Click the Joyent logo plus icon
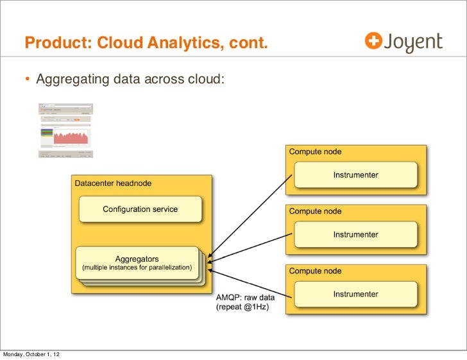[373, 41]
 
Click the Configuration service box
[140, 209]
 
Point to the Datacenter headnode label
[113, 184]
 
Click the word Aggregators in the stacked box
[137, 259]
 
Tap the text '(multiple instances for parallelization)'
[137, 268]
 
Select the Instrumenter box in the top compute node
[355, 175]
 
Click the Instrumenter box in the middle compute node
[355, 234]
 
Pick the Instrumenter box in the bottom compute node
[355, 295]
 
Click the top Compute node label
[315, 152]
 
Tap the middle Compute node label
[315, 211]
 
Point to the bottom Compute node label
[315, 271]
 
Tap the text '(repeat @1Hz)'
[242, 307]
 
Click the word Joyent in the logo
[413, 42]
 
